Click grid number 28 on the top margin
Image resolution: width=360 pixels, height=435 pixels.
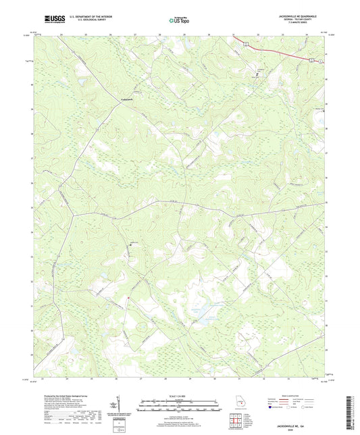(161, 33)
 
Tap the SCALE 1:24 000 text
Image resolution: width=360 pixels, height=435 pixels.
(180, 395)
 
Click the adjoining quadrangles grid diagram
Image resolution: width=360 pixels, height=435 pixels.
(236, 421)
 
